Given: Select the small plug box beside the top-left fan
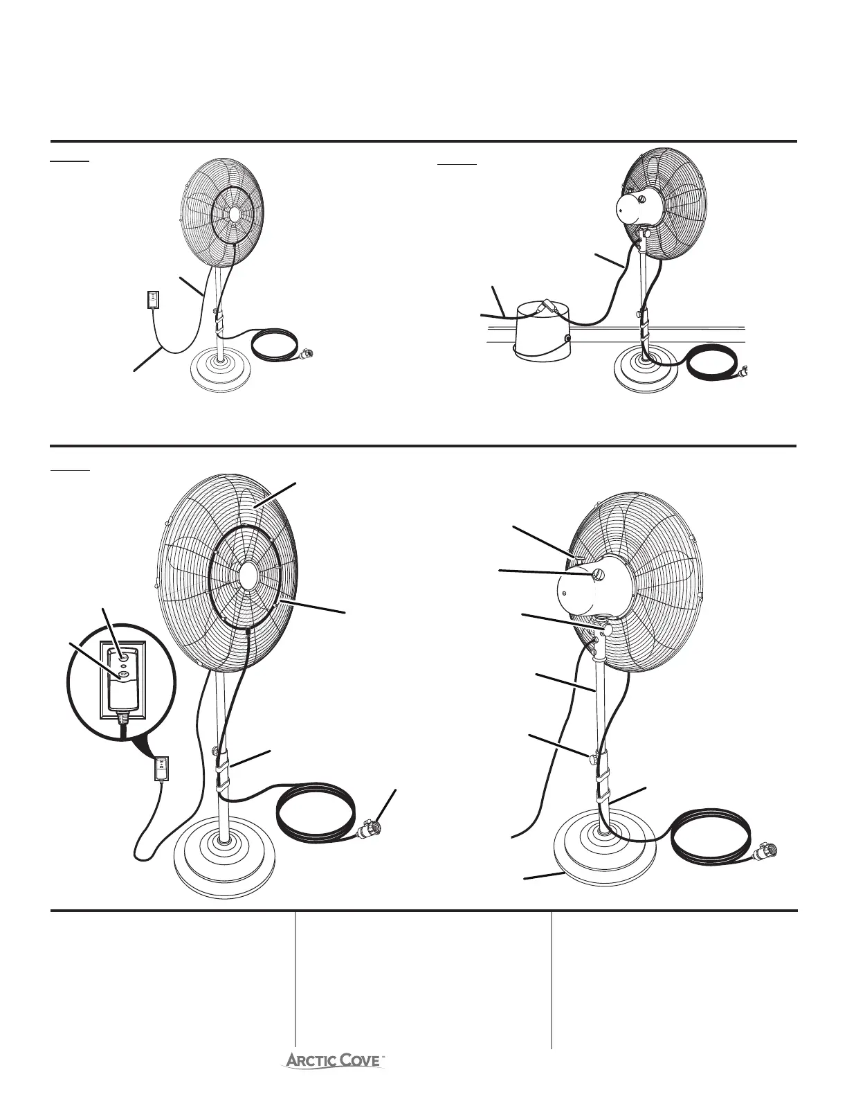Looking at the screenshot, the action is (x=152, y=299).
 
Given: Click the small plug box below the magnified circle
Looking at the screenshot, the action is (x=161, y=767).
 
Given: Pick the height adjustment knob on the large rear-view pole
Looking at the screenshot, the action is (x=592, y=757).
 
